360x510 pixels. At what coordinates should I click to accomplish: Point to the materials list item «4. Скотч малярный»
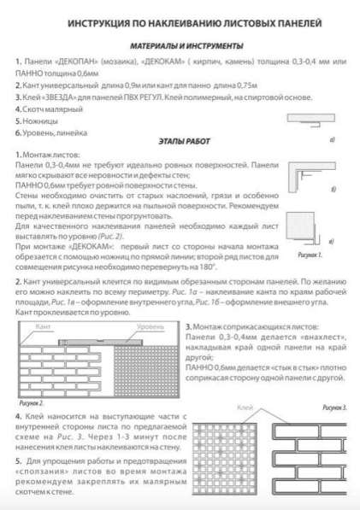tap(45, 109)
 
